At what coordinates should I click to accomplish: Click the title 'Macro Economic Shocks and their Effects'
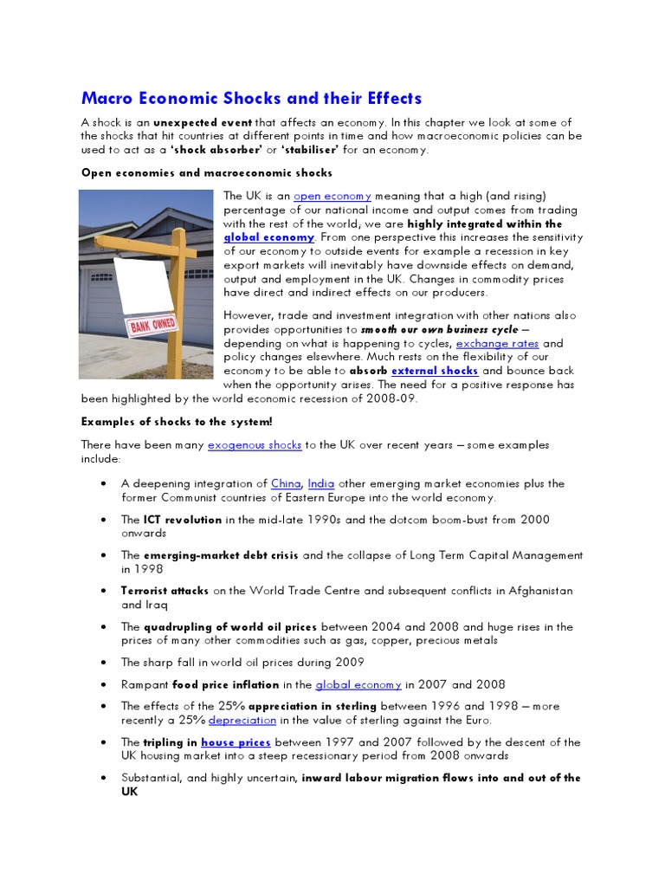(251, 98)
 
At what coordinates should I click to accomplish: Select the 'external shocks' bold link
(435, 371)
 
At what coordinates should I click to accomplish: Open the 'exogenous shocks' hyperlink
(255, 444)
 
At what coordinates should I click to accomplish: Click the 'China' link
(286, 483)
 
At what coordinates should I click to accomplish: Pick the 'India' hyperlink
(321, 483)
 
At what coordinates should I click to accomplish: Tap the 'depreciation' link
(242, 720)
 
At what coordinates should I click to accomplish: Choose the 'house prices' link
(236, 742)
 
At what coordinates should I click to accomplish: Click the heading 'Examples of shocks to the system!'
(177, 422)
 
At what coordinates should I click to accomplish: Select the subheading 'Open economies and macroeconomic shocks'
(207, 173)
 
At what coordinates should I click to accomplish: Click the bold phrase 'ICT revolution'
(183, 520)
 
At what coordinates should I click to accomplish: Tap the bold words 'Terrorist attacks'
(165, 591)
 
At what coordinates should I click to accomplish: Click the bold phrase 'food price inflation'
(229, 684)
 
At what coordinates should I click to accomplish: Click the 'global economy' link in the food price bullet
(358, 684)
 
